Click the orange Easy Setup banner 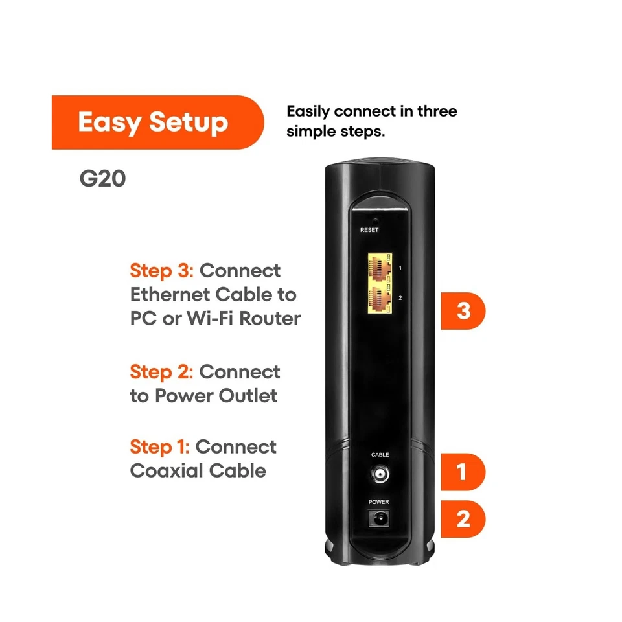[x=155, y=122]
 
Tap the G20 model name [x=102, y=179]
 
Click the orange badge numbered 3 [x=463, y=312]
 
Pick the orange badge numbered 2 [x=463, y=519]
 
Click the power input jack [x=379, y=518]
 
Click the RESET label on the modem [x=369, y=230]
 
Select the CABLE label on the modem [x=380, y=455]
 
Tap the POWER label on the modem [x=379, y=502]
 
